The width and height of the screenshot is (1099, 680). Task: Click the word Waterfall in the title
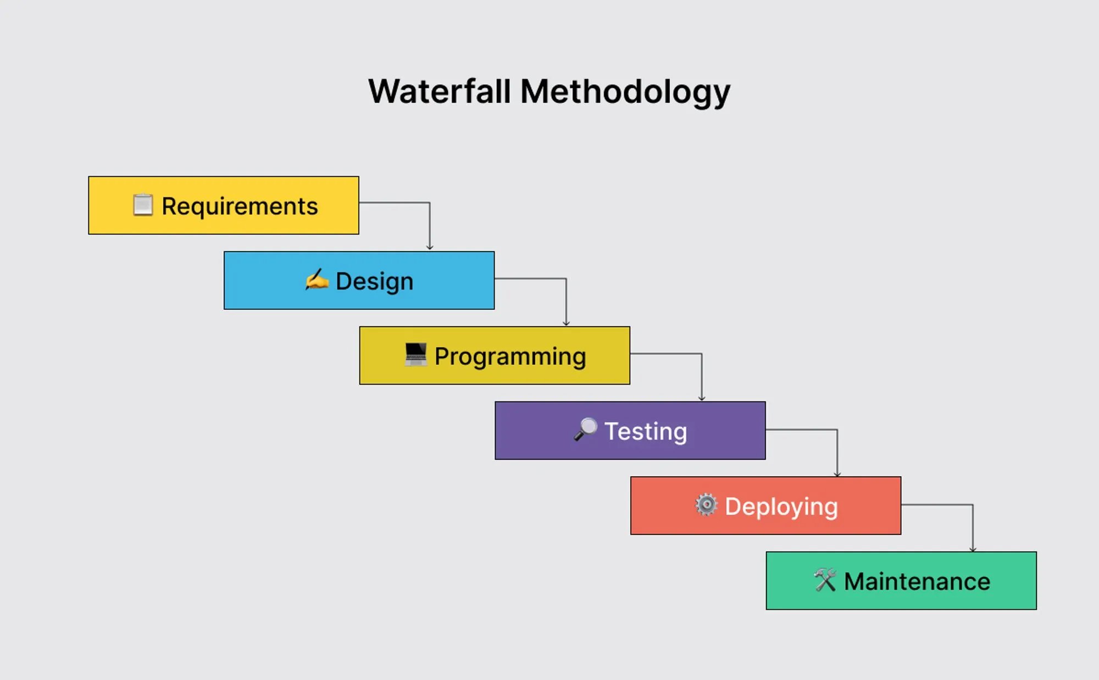(439, 91)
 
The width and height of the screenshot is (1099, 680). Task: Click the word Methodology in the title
(625, 92)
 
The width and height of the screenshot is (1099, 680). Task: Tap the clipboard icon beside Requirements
(143, 205)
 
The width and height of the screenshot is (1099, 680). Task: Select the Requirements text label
(240, 207)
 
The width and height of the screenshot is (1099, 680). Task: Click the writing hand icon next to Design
(317, 280)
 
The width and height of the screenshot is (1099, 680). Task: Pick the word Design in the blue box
(374, 281)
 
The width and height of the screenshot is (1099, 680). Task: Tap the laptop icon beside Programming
(415, 354)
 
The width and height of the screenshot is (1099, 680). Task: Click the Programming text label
(510, 356)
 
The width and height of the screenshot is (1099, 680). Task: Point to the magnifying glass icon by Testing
(585, 429)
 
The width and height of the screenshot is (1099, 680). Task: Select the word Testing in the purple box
(646, 431)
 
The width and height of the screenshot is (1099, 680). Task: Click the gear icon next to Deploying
(706, 504)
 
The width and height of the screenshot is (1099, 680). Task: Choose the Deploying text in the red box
(781, 506)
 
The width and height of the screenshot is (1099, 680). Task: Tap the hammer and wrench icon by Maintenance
(825, 579)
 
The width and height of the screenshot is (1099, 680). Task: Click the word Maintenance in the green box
(917, 581)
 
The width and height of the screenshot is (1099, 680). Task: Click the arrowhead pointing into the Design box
(430, 248)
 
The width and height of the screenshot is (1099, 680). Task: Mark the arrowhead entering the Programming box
(566, 323)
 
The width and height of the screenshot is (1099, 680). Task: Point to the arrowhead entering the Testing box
(702, 398)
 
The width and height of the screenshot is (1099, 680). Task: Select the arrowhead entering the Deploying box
(837, 473)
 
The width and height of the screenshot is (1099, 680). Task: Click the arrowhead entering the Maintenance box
(973, 549)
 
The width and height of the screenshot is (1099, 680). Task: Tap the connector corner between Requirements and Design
(430, 203)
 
